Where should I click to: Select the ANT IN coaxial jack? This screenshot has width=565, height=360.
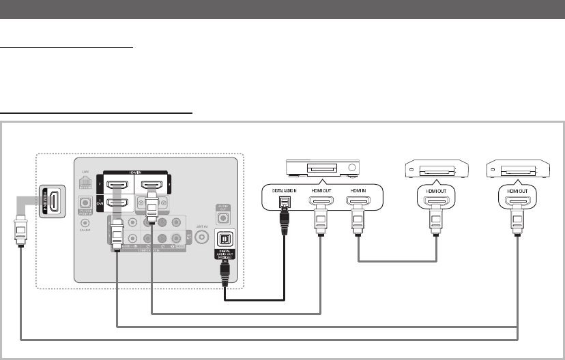pyautogui.click(x=202, y=237)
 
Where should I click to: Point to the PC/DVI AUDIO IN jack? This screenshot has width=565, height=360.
pyautogui.click(x=85, y=203)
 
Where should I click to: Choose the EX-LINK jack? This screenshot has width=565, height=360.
pyautogui.click(x=85, y=222)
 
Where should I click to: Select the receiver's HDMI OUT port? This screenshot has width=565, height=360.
pyautogui.click(x=319, y=201)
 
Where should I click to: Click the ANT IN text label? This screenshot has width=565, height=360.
pyautogui.click(x=202, y=226)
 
